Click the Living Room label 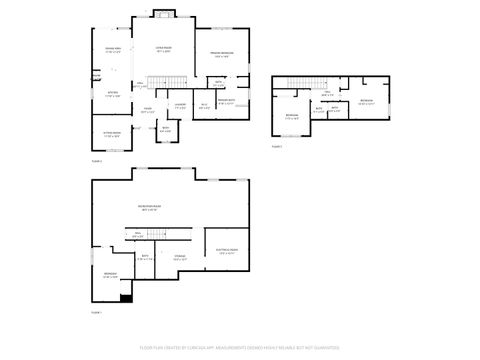[163, 49]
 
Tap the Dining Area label [113, 49]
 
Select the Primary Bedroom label [222, 54]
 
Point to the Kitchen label [113, 95]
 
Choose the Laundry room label [180, 105]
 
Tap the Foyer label [147, 110]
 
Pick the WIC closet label [204, 105]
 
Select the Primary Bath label [227, 102]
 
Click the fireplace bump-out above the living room [164, 13]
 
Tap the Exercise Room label [227, 252]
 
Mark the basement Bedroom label [111, 276]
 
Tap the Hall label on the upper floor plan [328, 96]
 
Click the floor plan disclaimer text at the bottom [240, 348]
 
